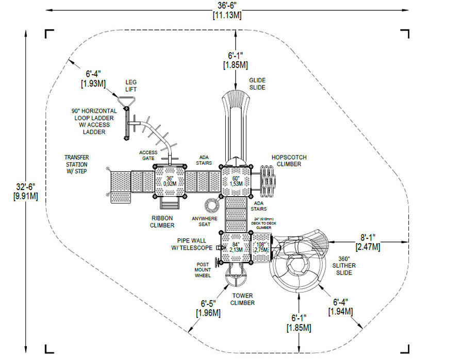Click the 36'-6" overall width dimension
[x=227, y=9]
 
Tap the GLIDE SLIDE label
[x=257, y=83]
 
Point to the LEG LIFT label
[x=130, y=85]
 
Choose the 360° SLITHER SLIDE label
[x=344, y=266]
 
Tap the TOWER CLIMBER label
[x=242, y=299]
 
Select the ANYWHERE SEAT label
[x=205, y=220]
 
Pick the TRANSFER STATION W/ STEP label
[x=76, y=164]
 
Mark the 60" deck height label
[x=236, y=180]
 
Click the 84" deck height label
[x=236, y=247]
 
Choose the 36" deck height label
[x=170, y=180]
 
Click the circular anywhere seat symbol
[x=212, y=205]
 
